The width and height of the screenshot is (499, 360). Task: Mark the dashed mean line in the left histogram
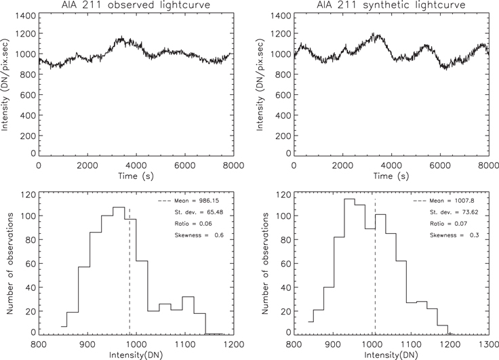pos(129,271)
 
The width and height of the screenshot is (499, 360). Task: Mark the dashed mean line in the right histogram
pos(375,271)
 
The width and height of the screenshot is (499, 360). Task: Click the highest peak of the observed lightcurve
pos(122,37)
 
